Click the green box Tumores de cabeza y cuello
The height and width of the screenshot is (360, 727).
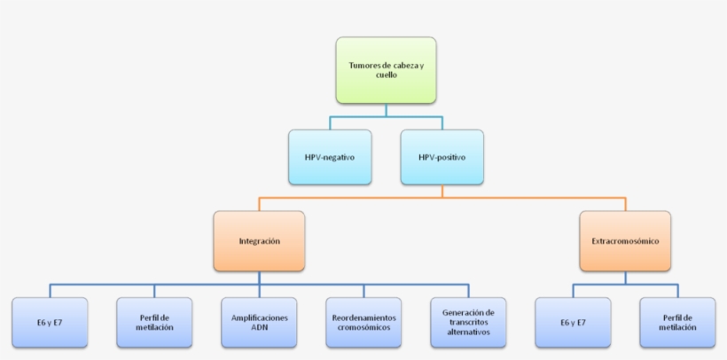tap(386, 70)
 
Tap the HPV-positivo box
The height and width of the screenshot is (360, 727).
tap(442, 157)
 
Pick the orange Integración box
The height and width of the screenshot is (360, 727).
tap(260, 240)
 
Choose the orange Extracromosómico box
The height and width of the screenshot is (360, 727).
tap(625, 240)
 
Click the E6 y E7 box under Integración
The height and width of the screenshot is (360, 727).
tap(50, 322)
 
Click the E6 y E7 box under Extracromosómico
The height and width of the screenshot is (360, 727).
tap(573, 322)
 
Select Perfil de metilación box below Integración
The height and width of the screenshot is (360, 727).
tap(154, 322)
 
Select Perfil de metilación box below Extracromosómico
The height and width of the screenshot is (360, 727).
tap(677, 322)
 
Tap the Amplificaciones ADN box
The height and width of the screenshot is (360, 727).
tap(259, 322)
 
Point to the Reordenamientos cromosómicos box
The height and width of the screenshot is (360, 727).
tap(363, 322)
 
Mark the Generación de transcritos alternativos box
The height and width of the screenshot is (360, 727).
tap(468, 322)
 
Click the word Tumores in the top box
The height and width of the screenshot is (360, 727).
tap(367, 65)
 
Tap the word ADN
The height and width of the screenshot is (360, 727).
tap(259, 327)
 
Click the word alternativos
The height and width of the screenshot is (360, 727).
tap(468, 333)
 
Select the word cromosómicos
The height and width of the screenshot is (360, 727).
tap(363, 327)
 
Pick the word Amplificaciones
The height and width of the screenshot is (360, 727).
tap(259, 317)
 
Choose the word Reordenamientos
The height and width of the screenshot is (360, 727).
tap(363, 317)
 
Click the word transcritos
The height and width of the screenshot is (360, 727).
tap(468, 322)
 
